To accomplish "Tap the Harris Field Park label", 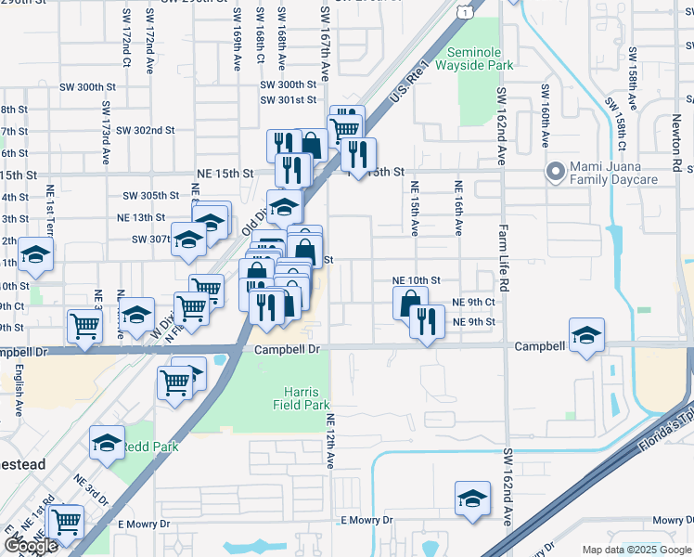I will click(302, 397).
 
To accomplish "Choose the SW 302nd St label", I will click(147, 131).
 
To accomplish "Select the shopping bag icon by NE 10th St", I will click(409, 303).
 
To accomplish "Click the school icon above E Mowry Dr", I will click(472, 499).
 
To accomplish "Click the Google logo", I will click(31, 546).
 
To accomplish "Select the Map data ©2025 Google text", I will click(636, 550).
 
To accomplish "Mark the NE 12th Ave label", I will click(330, 441).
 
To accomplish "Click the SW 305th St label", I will click(150, 195).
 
